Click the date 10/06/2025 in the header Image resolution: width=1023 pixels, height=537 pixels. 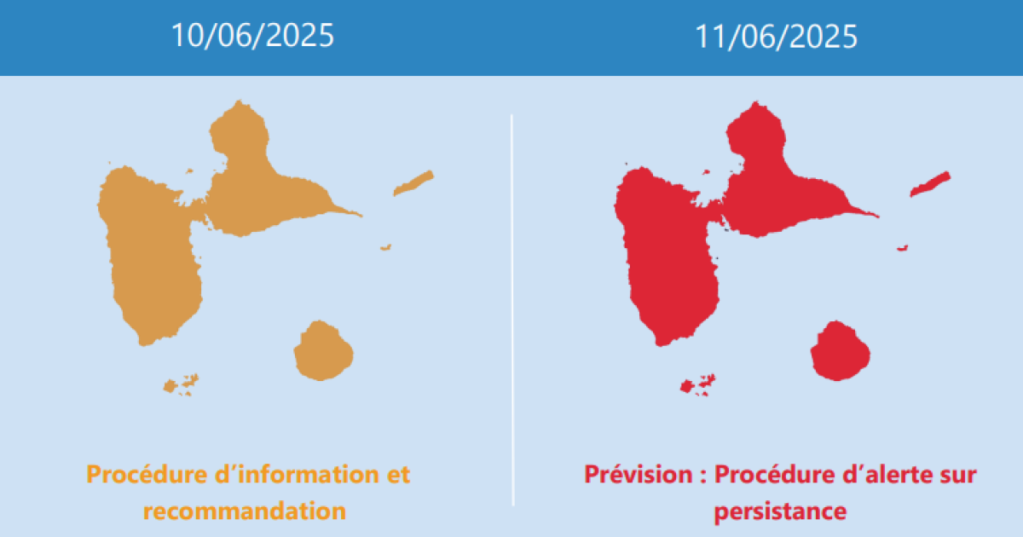pos(252,36)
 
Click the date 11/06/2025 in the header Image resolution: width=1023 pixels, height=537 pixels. pos(776,37)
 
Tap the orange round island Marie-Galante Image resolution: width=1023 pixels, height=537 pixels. pos(323,350)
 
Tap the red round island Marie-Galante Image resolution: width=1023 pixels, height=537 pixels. pos(840,350)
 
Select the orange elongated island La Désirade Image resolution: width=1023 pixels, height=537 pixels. pos(413,183)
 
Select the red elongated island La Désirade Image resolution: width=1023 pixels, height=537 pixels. pos(930,184)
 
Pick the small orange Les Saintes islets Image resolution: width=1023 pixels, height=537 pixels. pos(181,385)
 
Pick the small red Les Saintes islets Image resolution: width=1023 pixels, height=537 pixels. pos(698,385)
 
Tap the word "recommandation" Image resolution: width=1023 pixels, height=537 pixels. pos(245,511)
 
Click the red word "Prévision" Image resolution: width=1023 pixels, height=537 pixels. pos(638,475)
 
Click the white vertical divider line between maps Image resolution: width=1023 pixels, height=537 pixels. pos(512,310)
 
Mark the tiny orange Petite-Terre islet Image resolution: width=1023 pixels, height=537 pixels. pos(386,247)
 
